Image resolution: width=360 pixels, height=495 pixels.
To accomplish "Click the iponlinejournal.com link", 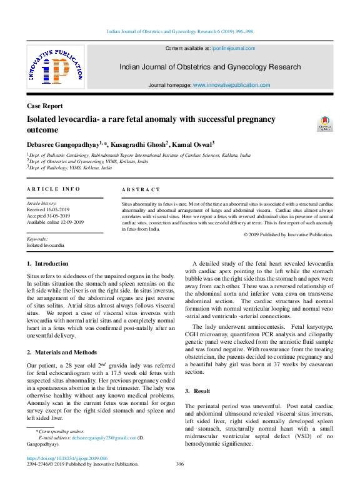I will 233,48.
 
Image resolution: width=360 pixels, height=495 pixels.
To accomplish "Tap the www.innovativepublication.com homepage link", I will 231,85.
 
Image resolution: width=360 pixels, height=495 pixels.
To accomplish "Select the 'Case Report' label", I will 44,106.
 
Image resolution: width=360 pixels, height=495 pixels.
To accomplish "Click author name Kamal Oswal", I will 192,144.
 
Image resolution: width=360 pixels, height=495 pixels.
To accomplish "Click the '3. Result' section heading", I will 197,391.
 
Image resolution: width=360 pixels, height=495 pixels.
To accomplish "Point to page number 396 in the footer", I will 180,464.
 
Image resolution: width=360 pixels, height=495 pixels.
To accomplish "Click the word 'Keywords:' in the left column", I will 37,239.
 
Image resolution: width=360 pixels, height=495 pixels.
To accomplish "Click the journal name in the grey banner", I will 210,67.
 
